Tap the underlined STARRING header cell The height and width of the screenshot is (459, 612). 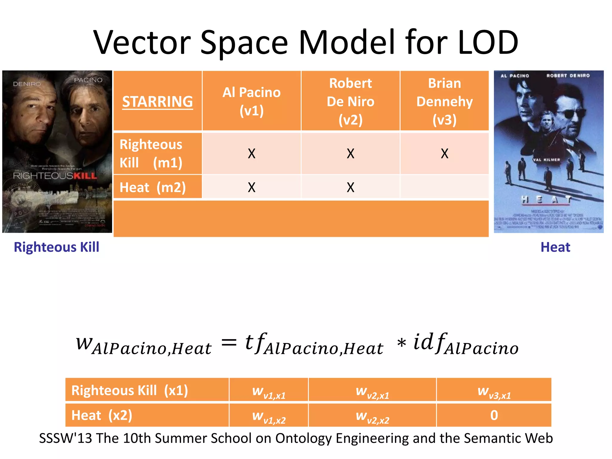pyautogui.click(x=157, y=102)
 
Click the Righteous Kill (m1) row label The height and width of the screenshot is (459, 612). pyautogui.click(x=151, y=153)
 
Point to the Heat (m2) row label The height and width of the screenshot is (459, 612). pyautogui.click(x=153, y=187)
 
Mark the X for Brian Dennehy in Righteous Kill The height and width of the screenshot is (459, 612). pyautogui.click(x=444, y=154)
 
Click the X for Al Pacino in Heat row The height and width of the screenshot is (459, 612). pyautogui.click(x=252, y=187)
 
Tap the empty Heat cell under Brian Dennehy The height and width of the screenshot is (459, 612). pyautogui.click(x=444, y=187)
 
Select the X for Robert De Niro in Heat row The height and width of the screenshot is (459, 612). pyautogui.click(x=350, y=187)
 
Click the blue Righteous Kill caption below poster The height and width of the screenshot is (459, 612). pyautogui.click(x=56, y=247)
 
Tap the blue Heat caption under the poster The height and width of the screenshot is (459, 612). pyautogui.click(x=555, y=247)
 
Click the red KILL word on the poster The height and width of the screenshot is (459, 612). pyautogui.click(x=85, y=176)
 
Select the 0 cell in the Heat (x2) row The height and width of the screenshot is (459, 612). pyautogui.click(x=494, y=415)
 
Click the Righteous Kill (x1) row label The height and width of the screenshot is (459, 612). pyautogui.click(x=130, y=390)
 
